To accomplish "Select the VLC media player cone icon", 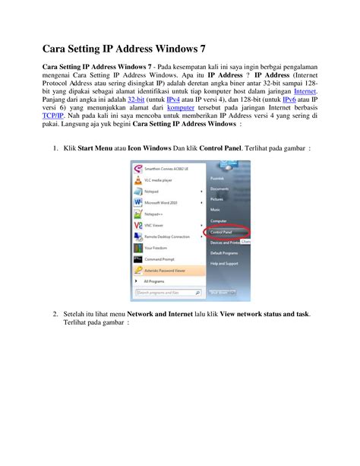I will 137,180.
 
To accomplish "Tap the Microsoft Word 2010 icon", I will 137,202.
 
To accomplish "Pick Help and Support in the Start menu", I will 224,263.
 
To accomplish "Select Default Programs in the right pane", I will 224,252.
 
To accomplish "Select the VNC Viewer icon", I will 137,225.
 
